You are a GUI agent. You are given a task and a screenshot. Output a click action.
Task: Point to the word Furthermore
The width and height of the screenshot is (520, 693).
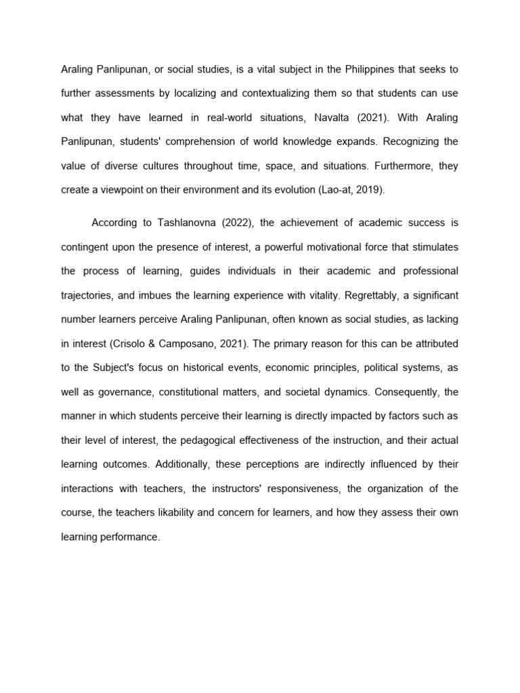point(394,166)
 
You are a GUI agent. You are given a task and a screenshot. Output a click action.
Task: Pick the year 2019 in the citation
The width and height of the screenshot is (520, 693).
point(368,190)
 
